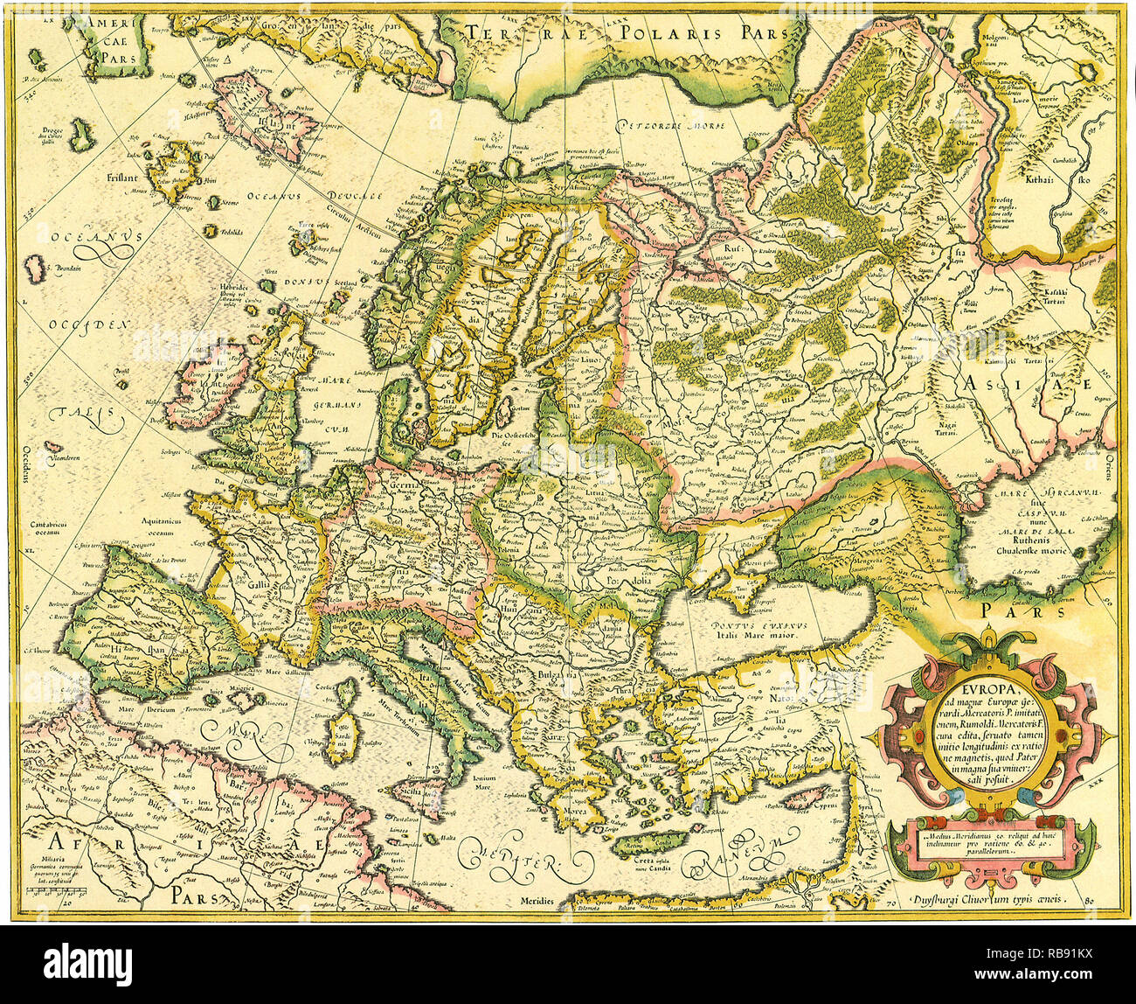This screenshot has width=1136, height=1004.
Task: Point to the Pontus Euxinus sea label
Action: pyautogui.click(x=759, y=627)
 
